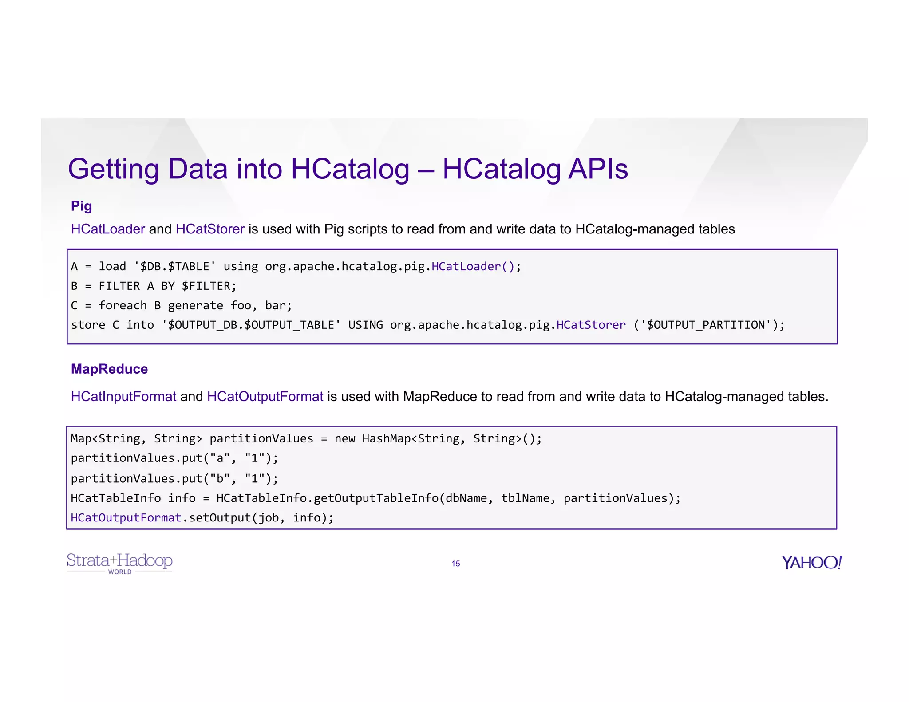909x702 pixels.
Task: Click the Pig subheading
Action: pos(81,206)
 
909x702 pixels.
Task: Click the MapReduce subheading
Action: pos(109,369)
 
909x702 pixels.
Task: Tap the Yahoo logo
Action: pos(811,562)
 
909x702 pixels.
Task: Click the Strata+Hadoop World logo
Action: pos(119,563)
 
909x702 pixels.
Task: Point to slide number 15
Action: pos(455,564)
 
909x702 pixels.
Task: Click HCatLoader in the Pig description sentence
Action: pos(108,229)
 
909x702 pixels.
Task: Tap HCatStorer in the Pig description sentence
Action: pos(210,229)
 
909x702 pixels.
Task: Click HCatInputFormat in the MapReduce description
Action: pos(123,396)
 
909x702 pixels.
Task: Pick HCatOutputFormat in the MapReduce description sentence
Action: pos(265,396)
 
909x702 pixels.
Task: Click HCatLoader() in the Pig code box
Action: pos(473,266)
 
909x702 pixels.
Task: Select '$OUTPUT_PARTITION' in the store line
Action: pos(706,325)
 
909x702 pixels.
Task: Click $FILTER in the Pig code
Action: pos(206,286)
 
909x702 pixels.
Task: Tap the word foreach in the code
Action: pos(123,305)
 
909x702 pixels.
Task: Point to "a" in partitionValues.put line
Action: pos(220,458)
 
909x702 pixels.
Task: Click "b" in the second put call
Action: pos(220,478)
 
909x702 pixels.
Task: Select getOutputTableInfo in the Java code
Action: pos(376,498)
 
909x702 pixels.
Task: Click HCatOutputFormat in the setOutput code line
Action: pos(126,517)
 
